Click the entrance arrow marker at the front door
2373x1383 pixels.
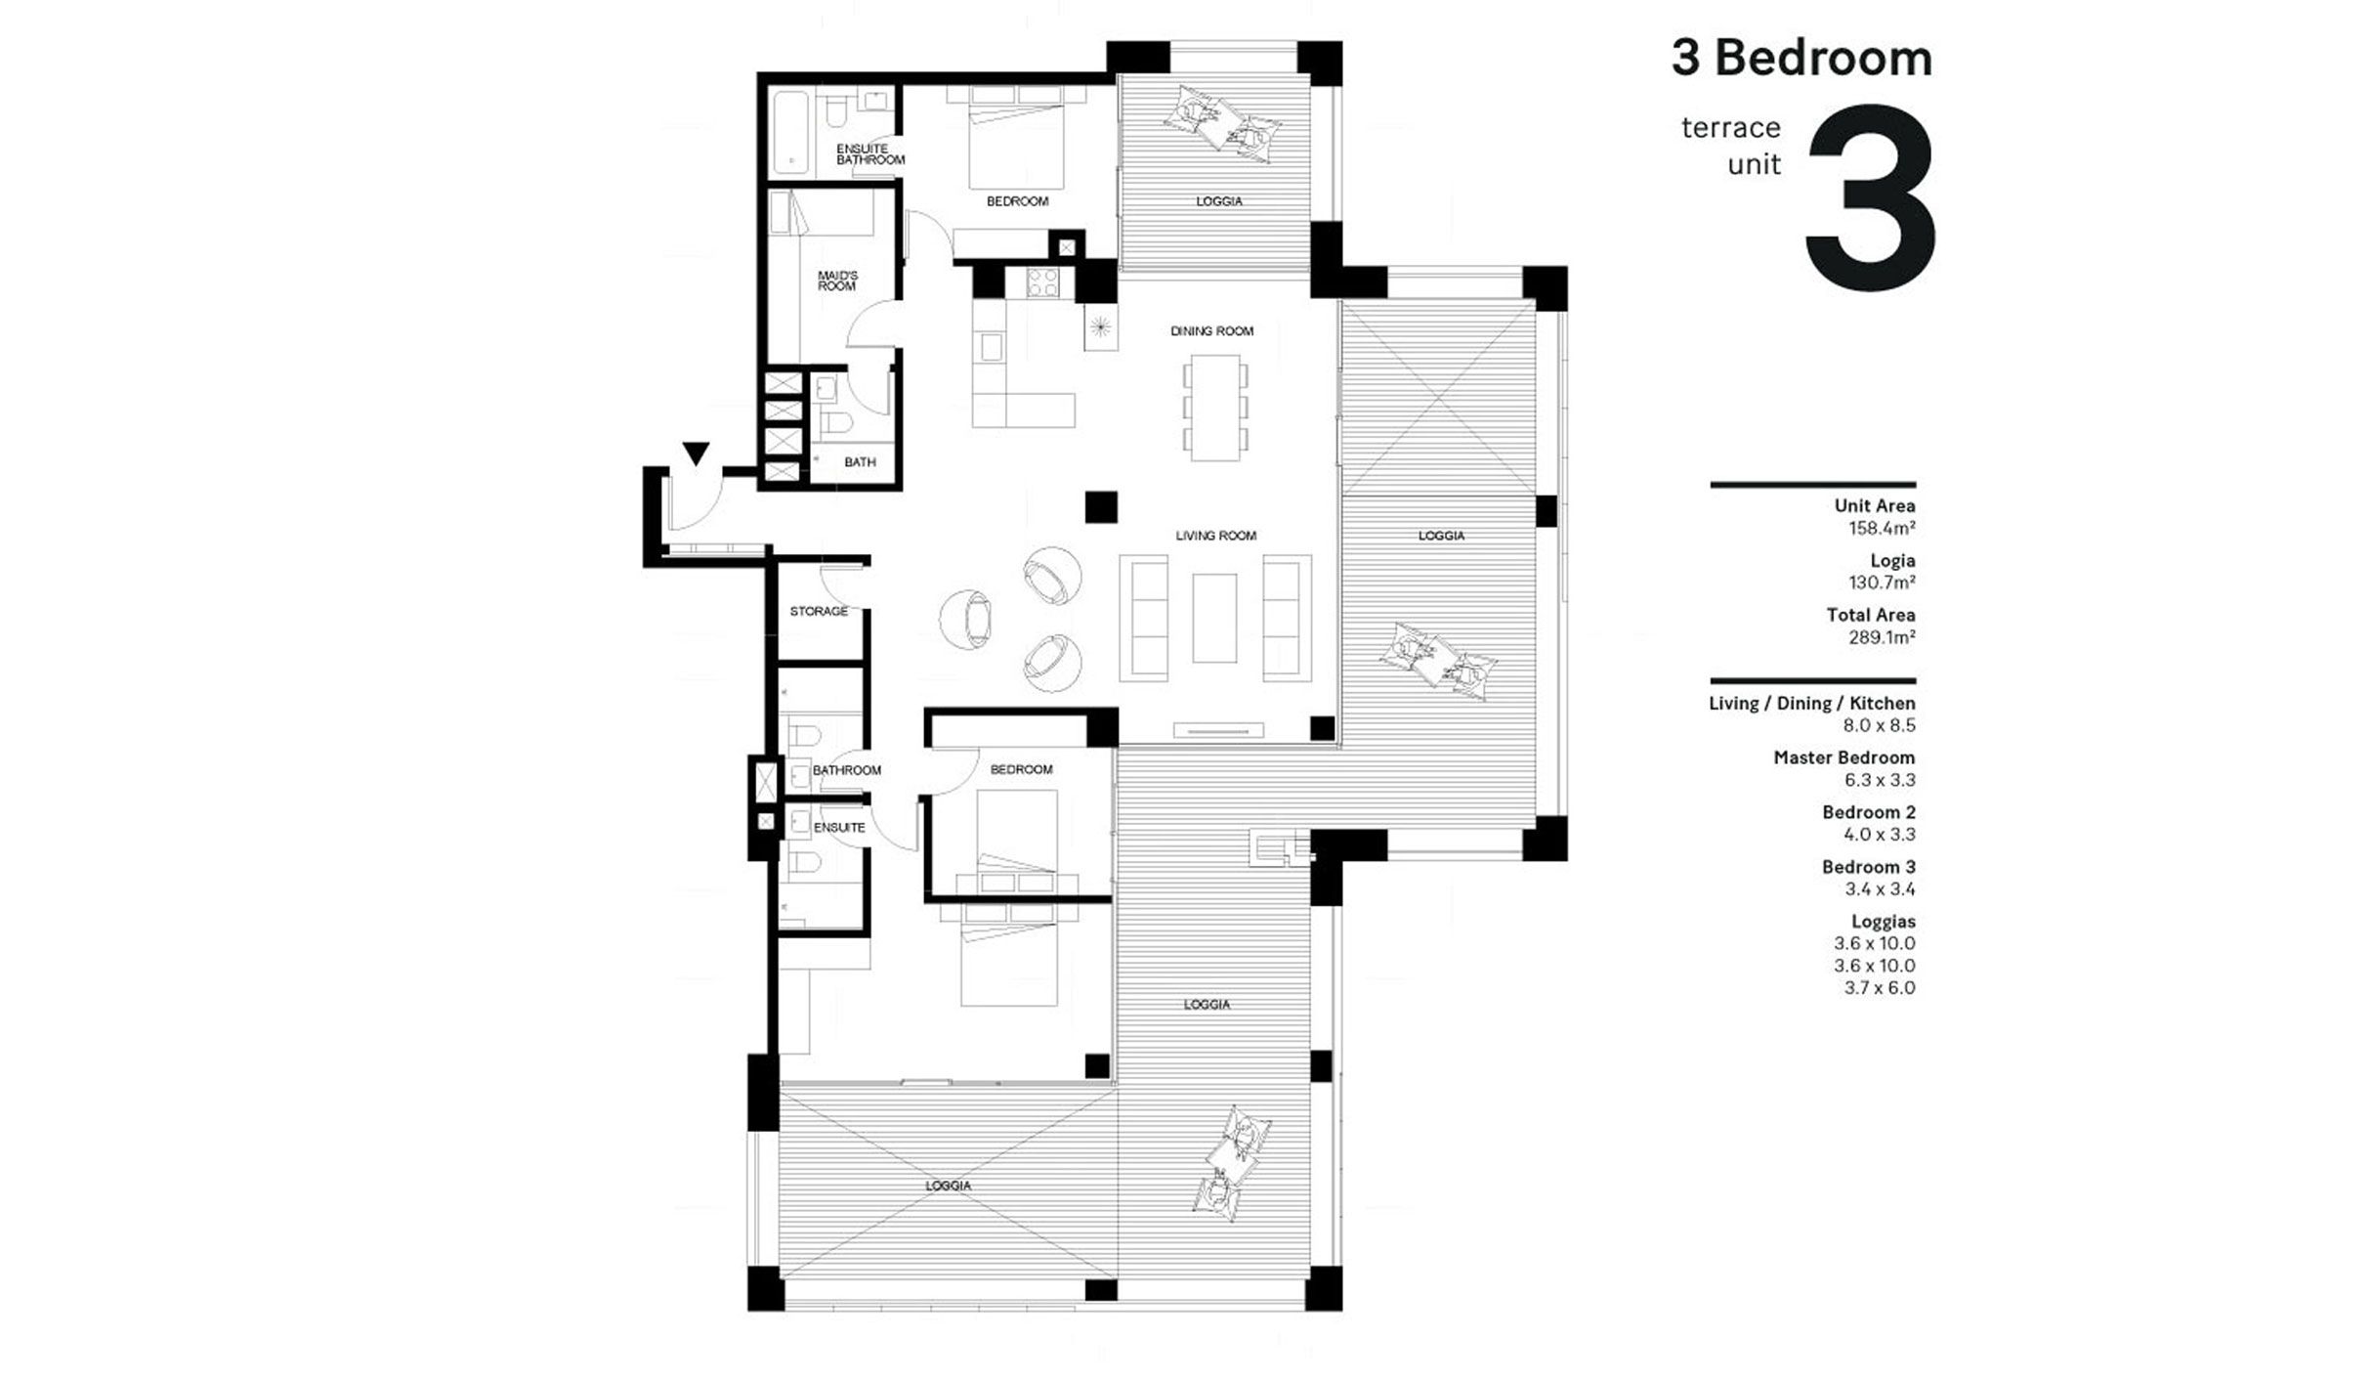[696, 454]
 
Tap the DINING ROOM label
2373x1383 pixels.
[1211, 331]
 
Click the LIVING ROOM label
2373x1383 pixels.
[1215, 536]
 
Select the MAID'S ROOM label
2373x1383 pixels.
[837, 281]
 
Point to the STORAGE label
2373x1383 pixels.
[819, 612]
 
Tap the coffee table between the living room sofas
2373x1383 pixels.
[1214, 618]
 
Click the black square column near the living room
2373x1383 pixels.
[1101, 507]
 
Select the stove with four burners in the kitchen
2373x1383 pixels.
[1043, 284]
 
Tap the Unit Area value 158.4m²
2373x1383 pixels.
[1881, 529]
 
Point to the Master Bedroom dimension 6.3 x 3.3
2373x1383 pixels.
[1879, 780]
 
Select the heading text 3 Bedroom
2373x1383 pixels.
[1801, 59]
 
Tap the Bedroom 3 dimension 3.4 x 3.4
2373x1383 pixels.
[1879, 889]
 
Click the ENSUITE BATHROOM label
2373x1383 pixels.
[869, 154]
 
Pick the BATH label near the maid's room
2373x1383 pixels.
[860, 462]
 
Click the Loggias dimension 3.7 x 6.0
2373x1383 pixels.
[1879, 988]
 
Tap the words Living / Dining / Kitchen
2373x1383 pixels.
[1811, 704]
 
